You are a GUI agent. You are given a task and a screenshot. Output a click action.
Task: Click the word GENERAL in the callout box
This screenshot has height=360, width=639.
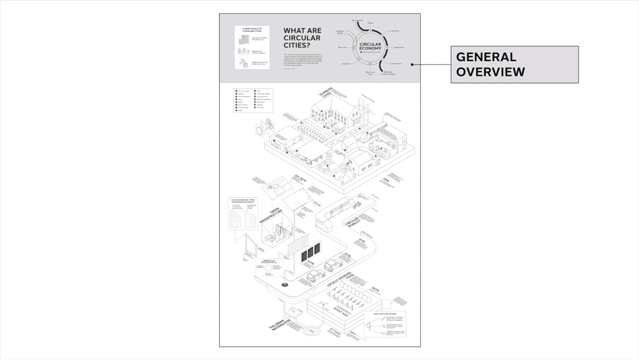pyautogui.click(x=486, y=57)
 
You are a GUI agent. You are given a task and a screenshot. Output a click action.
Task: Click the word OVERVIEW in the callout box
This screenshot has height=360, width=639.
pyautogui.click(x=490, y=72)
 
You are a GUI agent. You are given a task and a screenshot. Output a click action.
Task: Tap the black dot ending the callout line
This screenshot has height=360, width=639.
pyautogui.click(x=412, y=65)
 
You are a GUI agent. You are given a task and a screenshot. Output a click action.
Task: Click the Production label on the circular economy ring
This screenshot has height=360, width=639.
pyautogui.click(x=395, y=31)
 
